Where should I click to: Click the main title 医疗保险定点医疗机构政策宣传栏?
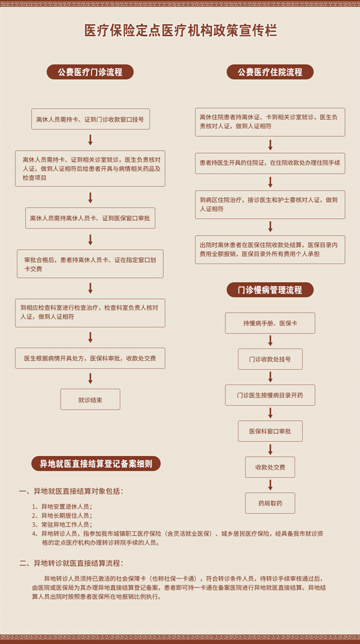180,31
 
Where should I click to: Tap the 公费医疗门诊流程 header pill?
90,72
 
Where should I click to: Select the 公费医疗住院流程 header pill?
270,72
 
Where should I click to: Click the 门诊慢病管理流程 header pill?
270,290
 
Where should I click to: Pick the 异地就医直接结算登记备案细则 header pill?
96,464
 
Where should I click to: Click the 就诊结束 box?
90,399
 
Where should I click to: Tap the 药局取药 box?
270,503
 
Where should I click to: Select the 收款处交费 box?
270,467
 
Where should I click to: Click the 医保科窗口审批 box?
270,431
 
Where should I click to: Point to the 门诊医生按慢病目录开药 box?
270,395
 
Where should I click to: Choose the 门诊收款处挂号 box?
270,359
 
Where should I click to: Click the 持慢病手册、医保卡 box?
270,323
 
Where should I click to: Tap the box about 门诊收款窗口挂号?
90,119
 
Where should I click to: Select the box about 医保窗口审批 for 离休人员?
90,218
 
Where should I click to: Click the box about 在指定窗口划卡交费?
90,263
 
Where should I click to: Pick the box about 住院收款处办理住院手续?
270,163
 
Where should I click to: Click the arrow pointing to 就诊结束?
90,378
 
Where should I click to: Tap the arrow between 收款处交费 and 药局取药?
270,485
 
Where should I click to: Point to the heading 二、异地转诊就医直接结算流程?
71,563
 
